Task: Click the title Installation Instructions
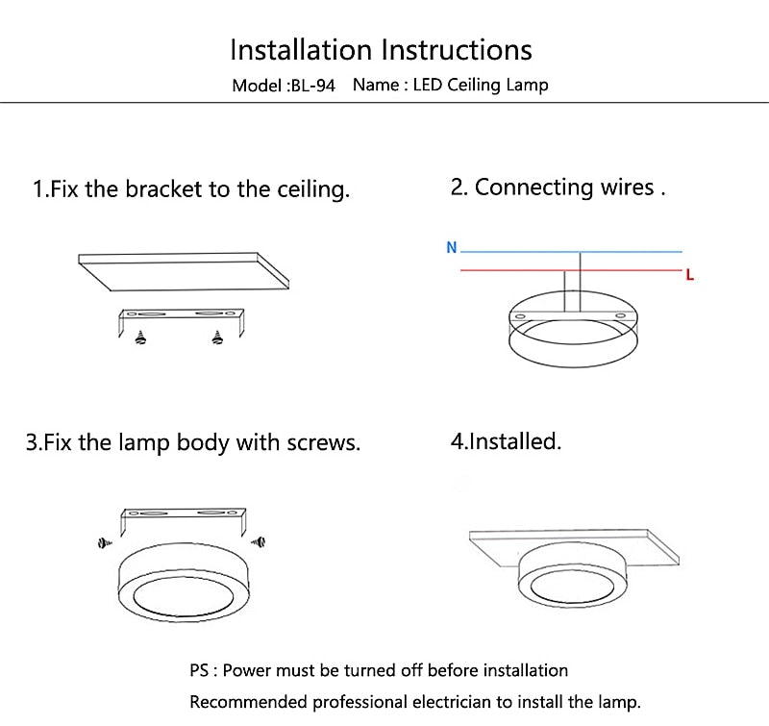381,49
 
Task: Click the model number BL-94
311,86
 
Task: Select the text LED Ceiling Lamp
481,85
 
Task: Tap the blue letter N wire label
451,248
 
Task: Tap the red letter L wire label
690,275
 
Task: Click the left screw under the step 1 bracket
142,338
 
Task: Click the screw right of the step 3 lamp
257,543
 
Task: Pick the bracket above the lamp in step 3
182,520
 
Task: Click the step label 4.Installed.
506,442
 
